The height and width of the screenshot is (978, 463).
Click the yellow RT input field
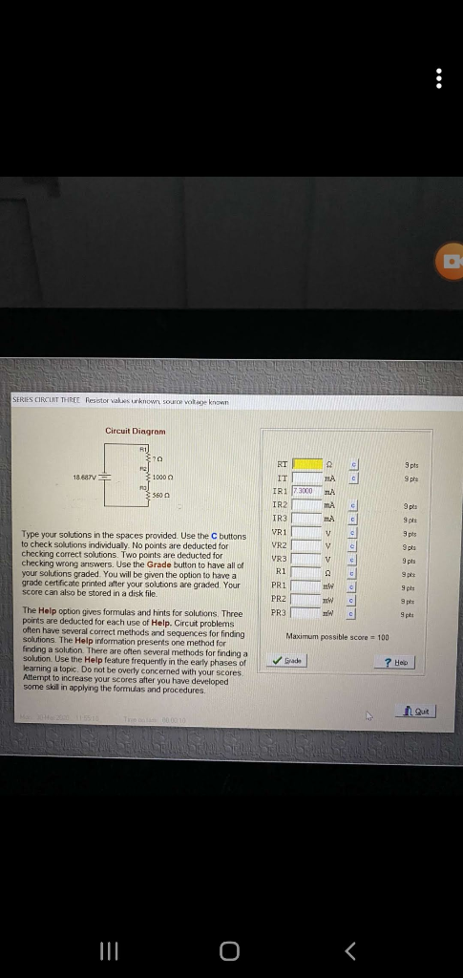click(307, 464)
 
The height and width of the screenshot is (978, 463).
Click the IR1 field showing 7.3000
click(307, 490)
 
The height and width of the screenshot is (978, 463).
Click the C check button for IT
click(352, 477)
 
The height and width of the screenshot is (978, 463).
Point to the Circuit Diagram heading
click(135, 431)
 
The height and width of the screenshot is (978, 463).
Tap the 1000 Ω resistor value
click(163, 477)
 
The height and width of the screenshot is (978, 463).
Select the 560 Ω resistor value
click(160, 497)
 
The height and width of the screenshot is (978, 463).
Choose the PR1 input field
click(307, 585)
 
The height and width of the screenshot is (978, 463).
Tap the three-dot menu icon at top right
click(438, 78)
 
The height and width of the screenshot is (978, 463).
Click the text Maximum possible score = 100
click(337, 636)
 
